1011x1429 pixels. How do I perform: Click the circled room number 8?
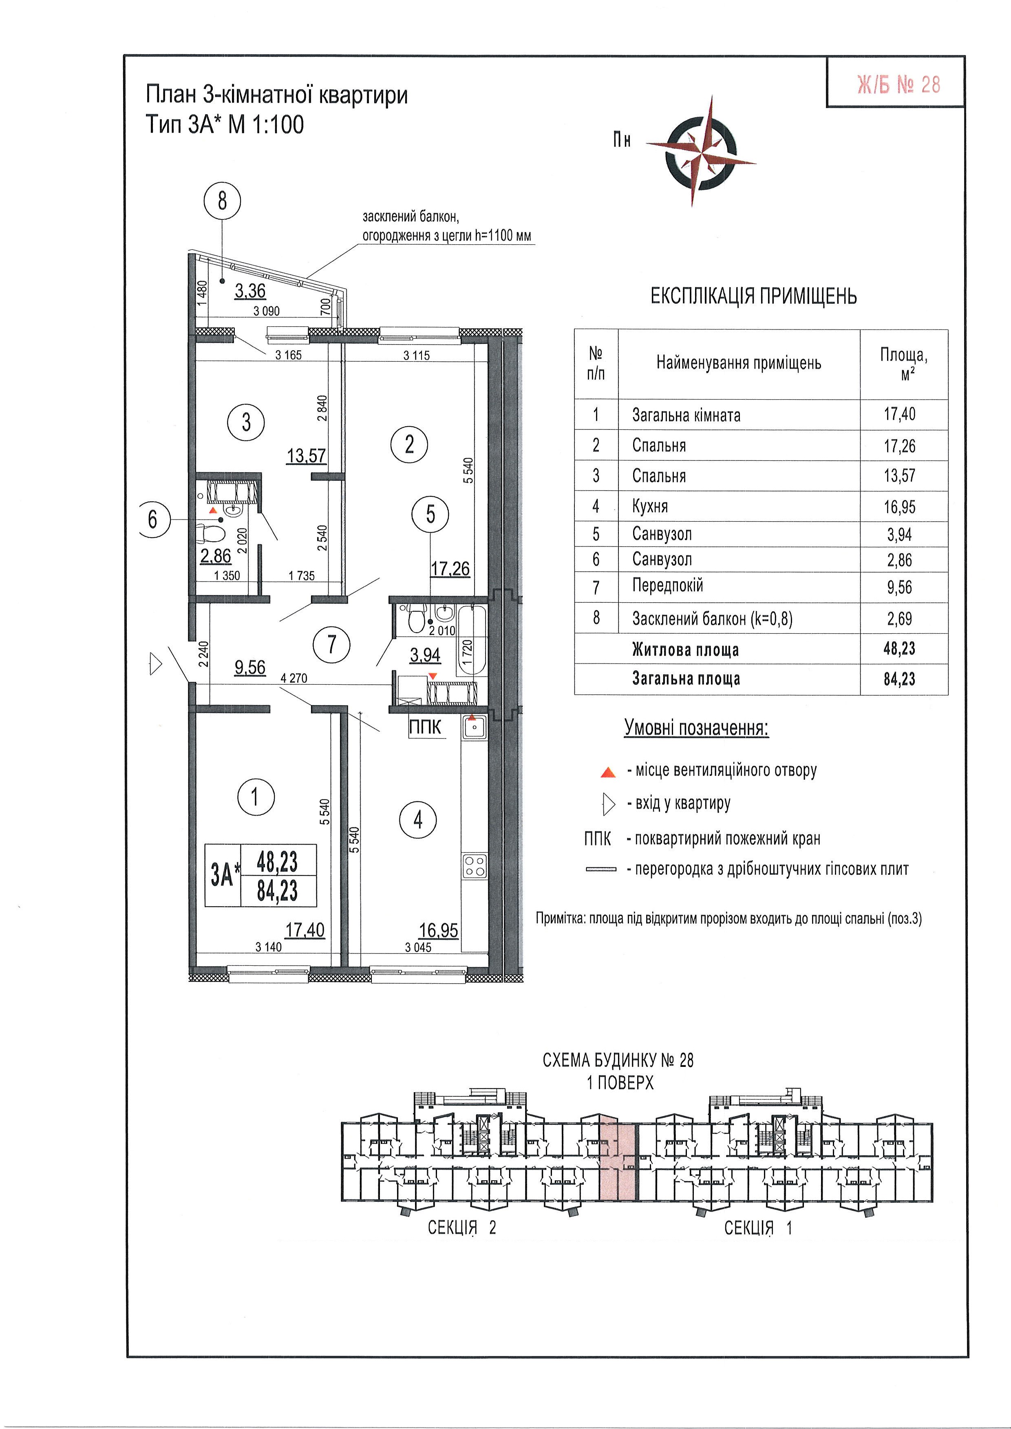click(222, 201)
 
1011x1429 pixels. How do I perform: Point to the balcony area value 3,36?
click(250, 291)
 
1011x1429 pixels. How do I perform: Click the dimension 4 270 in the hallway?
click(294, 678)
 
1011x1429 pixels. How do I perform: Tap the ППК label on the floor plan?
click(425, 727)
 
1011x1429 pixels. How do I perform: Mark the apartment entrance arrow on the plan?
click(156, 664)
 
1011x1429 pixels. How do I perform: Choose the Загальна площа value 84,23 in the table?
click(900, 679)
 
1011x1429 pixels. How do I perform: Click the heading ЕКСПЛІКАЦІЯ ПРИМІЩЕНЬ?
click(753, 296)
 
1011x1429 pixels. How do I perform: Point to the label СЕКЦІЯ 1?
click(757, 1228)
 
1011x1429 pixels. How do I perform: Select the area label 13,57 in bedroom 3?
click(306, 456)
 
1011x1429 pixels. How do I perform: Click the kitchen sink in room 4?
click(474, 727)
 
